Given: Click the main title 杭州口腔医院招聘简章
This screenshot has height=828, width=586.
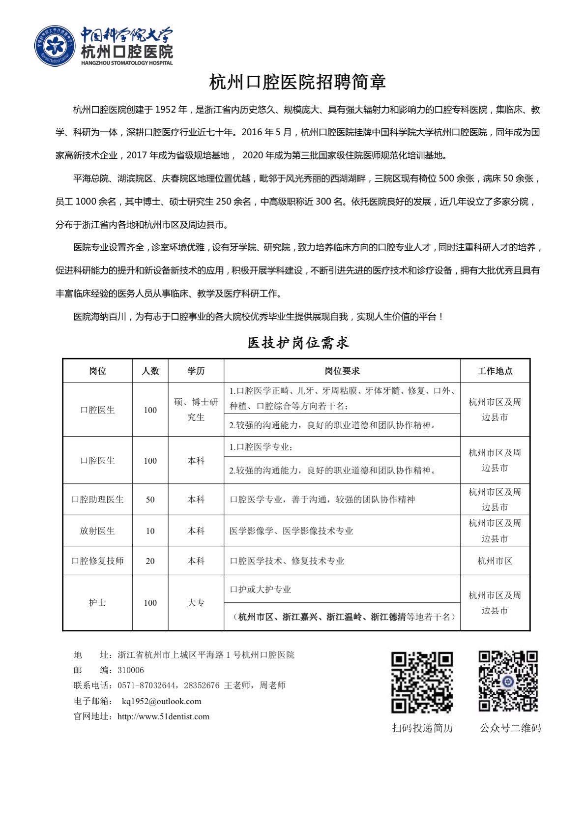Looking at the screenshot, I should [x=297, y=82].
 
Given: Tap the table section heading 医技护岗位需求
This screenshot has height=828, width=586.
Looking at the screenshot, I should [x=298, y=343].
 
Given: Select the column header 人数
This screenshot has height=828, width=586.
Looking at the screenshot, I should [x=150, y=371].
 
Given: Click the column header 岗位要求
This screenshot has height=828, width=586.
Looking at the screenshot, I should [x=342, y=371].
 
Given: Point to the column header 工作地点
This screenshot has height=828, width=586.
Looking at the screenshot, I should [x=495, y=371].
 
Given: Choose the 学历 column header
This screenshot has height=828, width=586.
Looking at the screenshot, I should [x=196, y=371].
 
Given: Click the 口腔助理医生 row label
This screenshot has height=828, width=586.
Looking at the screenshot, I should [x=97, y=499].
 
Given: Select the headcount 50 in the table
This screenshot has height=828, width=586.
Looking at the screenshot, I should [x=150, y=499].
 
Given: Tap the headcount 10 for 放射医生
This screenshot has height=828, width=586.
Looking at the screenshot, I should [x=150, y=531].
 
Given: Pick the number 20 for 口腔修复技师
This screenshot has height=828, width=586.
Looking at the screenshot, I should [x=150, y=561].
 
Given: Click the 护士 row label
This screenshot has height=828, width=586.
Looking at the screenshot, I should [x=97, y=602].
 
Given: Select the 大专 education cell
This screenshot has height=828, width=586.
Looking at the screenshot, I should [x=196, y=602].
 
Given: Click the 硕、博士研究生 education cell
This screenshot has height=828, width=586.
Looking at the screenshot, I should [x=196, y=410].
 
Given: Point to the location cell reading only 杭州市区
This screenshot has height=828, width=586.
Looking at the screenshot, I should [x=495, y=561].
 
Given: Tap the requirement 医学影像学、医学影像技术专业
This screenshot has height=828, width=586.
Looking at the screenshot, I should [x=291, y=531].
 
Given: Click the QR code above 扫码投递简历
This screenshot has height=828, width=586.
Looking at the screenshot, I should [x=422, y=681].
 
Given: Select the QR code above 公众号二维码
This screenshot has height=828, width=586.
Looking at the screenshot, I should [x=508, y=681].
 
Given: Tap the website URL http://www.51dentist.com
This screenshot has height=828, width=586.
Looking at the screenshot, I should [x=163, y=716].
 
